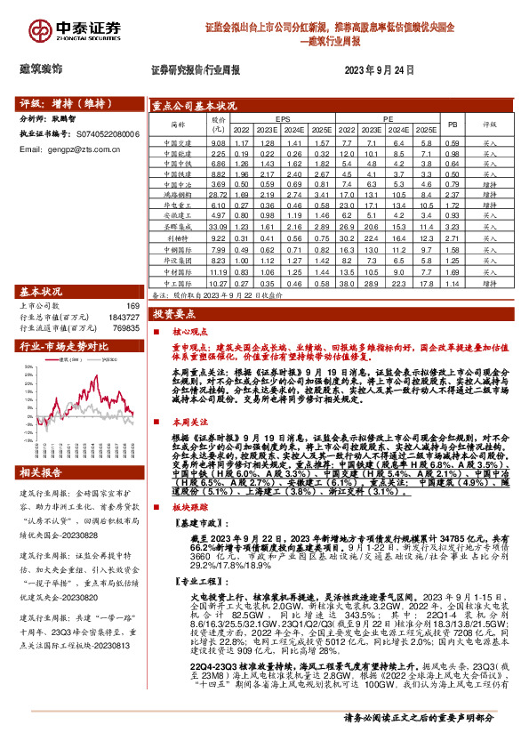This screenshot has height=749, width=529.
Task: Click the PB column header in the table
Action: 452,125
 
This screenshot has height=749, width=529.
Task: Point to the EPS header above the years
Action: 282,117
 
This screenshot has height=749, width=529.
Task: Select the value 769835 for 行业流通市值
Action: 124,329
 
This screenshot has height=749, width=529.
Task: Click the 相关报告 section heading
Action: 43,471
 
